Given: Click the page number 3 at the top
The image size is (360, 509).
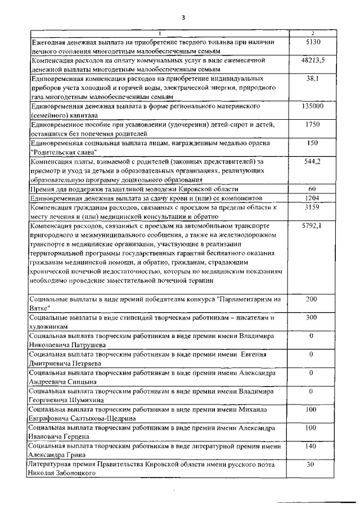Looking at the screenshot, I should click(x=183, y=17).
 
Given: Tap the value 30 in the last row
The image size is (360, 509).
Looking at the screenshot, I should click(x=310, y=465).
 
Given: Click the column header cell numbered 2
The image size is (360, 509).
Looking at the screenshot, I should click(x=312, y=32).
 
